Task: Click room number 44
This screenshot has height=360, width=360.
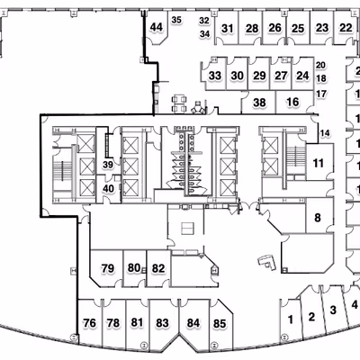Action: [x=157, y=28]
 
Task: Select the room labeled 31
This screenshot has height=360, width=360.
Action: [x=228, y=29]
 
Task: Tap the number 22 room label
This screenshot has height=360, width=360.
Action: [x=346, y=28]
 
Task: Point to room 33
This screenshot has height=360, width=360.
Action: [x=215, y=76]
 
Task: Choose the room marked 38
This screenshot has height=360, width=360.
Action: [x=259, y=103]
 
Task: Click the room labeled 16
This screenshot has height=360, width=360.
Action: [x=292, y=102]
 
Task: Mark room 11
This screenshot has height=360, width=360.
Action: [x=319, y=163]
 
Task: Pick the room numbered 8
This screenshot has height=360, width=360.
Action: [x=318, y=218]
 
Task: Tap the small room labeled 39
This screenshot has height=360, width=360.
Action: [x=108, y=165]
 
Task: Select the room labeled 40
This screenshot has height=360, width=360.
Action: [x=108, y=189]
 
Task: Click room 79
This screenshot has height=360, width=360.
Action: [x=108, y=268]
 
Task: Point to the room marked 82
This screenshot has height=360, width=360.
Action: [x=158, y=268]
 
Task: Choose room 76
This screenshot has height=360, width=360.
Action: [x=90, y=323]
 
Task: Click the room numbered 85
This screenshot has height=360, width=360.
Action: [x=220, y=324]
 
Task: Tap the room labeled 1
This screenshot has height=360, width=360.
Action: [x=291, y=319]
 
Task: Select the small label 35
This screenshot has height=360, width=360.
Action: [x=176, y=20]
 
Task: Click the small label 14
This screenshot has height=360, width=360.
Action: [x=325, y=132]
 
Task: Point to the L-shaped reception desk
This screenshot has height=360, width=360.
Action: [x=267, y=263]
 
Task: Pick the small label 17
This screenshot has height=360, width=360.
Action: [x=321, y=94]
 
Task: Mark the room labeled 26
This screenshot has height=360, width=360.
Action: [x=274, y=28]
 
